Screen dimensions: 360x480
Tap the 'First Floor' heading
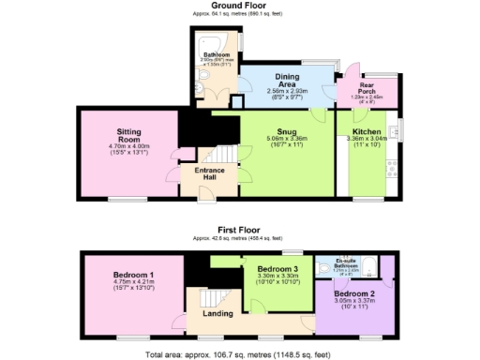(x=239, y=229)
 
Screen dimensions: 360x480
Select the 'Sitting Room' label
(x=128, y=136)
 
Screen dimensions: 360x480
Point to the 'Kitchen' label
(x=367, y=131)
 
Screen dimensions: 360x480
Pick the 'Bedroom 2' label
(x=352, y=294)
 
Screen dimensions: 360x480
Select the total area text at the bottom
(x=240, y=354)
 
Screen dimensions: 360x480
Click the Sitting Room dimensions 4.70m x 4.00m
(x=128, y=146)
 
